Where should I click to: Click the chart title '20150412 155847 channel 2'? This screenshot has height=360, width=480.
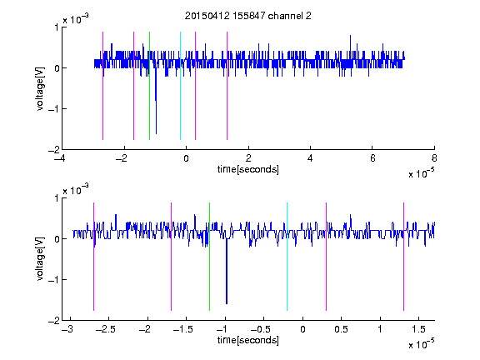[x=248, y=16]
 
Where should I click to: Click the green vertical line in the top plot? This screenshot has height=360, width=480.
[x=149, y=86]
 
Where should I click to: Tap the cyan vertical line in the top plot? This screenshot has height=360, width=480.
[x=180, y=86]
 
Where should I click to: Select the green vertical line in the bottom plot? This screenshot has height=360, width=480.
[x=209, y=257]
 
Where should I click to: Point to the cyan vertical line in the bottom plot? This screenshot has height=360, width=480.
[x=287, y=257]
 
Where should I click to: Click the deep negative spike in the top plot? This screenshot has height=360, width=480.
[x=156, y=101]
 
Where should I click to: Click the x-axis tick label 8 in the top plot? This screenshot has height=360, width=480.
[x=434, y=158]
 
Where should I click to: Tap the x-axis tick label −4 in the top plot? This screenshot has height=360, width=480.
[x=59, y=158]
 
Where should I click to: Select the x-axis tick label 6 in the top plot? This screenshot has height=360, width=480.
[x=372, y=158]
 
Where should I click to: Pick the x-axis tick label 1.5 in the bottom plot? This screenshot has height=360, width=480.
[x=418, y=329]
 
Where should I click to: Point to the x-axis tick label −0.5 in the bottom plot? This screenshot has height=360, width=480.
[x=260, y=329]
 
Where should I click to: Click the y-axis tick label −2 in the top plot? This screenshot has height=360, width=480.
[x=53, y=150]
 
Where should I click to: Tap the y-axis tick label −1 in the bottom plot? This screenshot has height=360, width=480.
[x=53, y=279]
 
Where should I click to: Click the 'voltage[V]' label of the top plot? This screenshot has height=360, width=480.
[x=40, y=88]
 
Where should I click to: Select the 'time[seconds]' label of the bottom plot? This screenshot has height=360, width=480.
[x=248, y=340]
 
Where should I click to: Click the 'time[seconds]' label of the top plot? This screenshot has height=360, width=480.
[x=248, y=169]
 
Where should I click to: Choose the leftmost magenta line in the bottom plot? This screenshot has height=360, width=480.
[x=93, y=257]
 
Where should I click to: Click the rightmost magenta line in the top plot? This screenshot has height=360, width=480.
[x=227, y=86]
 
